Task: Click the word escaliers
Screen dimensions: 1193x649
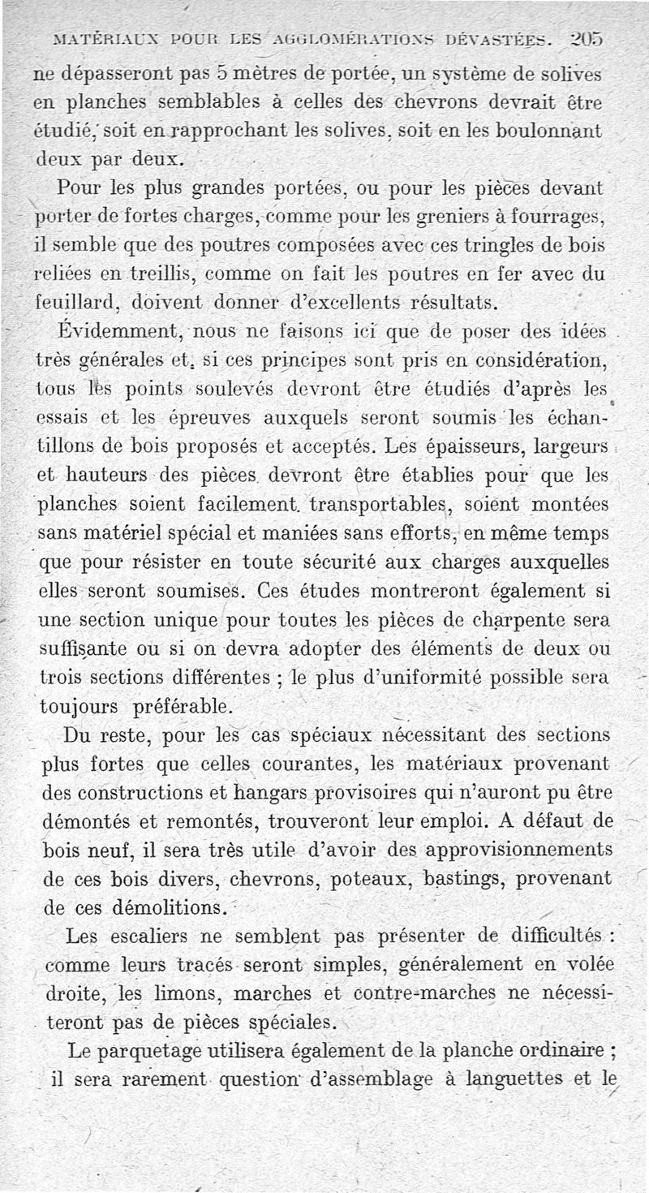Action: (154, 936)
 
